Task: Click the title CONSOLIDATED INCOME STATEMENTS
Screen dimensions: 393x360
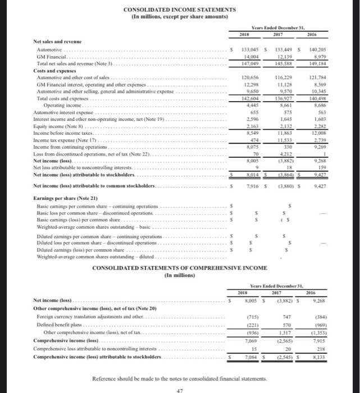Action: pyautogui.click(x=180, y=10)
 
